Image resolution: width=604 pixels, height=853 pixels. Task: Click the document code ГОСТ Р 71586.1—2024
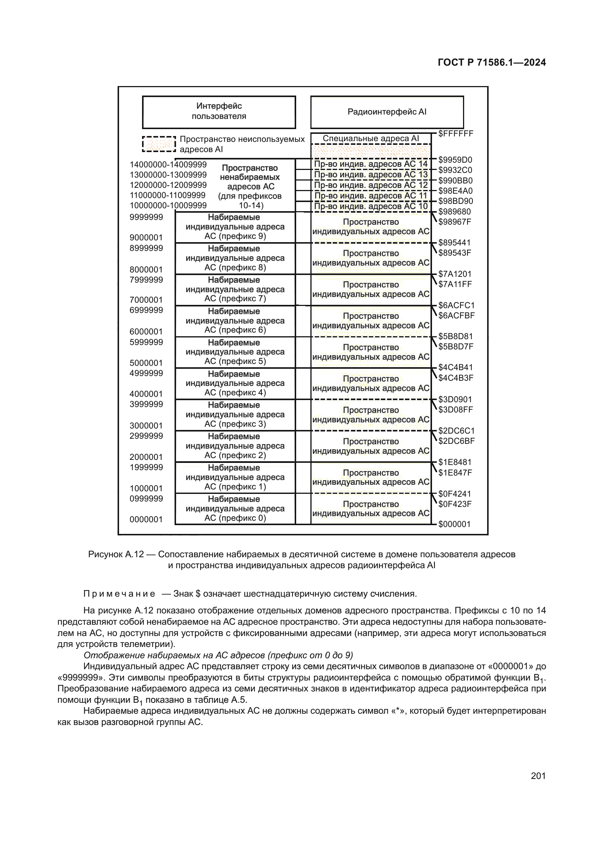tap(491, 62)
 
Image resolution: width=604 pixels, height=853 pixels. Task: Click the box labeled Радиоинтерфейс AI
tap(387, 112)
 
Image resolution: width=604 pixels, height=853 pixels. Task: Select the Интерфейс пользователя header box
tap(219, 112)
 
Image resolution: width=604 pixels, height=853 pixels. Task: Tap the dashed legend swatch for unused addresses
tap(159, 144)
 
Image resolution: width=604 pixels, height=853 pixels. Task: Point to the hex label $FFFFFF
tap(455, 134)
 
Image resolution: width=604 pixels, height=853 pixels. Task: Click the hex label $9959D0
tap(455, 160)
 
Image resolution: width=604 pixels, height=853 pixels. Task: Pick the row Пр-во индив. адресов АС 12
tap(371, 185)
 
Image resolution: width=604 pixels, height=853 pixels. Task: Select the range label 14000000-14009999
tap(168, 164)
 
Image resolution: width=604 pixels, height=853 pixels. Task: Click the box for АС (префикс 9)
tap(235, 227)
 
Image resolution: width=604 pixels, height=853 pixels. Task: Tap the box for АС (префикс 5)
tap(235, 352)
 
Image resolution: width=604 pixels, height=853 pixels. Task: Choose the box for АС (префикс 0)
tap(235, 509)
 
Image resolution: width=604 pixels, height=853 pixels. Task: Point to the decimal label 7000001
tap(146, 300)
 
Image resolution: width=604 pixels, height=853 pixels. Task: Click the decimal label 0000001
tap(146, 519)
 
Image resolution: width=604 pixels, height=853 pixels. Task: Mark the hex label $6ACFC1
tap(456, 305)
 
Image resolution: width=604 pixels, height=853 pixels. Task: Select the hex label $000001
tap(454, 524)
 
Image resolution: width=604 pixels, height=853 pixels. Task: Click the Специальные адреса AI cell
tap(371, 139)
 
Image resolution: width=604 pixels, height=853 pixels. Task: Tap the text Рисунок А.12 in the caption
tap(116, 554)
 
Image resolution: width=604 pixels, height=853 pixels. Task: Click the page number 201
tap(538, 776)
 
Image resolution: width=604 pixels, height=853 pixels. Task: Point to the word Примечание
tap(119, 594)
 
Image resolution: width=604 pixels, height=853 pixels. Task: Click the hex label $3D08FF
tap(455, 410)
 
